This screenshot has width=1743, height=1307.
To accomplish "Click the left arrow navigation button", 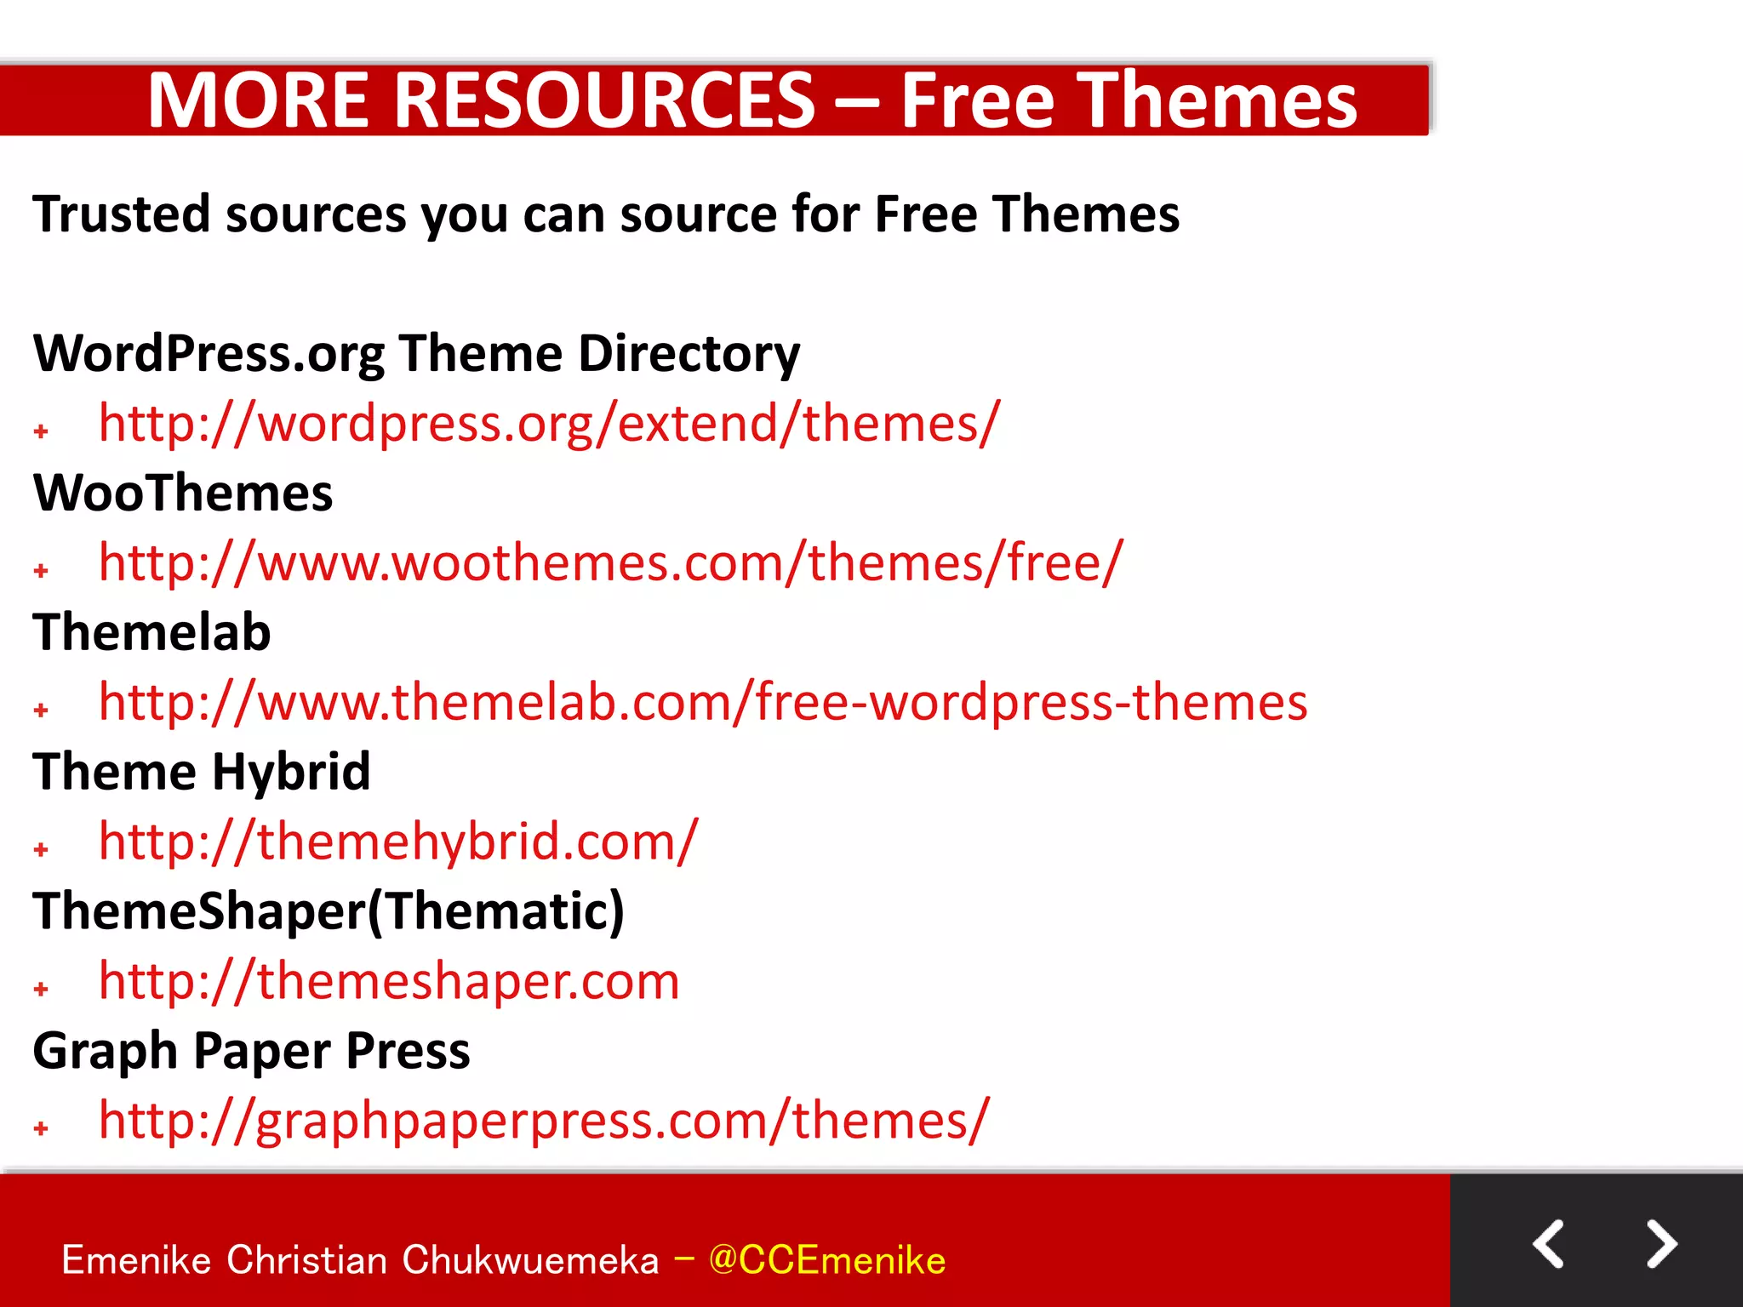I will coord(1548,1244).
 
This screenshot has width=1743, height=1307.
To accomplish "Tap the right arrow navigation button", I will coord(1660,1244).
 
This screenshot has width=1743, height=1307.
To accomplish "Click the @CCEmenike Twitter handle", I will coord(826,1260).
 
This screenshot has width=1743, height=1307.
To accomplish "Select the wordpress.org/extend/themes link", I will coord(549,424).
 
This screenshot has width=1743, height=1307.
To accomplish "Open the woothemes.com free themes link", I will coord(610,563).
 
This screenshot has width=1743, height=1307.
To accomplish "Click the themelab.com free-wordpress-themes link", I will coord(702,703).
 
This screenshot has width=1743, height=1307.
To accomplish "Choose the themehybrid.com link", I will coord(398,842).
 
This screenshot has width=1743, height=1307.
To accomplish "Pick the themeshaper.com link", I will coord(389,981).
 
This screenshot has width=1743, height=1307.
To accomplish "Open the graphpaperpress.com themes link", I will coord(544,1121).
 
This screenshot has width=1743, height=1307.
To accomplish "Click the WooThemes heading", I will coord(183,494).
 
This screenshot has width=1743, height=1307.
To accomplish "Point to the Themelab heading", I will coord(151,633).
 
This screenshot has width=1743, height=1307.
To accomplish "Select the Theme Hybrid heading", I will coord(202,772).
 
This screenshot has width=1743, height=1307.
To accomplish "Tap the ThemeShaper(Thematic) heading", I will coord(329,911).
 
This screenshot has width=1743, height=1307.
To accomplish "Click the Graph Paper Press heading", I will coord(251,1051).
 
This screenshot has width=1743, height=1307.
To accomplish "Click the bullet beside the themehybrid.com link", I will coord(41,849).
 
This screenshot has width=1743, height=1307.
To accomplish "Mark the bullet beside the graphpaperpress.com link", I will coord(41,1128).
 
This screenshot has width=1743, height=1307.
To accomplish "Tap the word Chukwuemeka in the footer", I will coord(530,1260).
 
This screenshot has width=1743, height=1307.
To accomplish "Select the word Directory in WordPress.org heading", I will coord(689,354).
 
